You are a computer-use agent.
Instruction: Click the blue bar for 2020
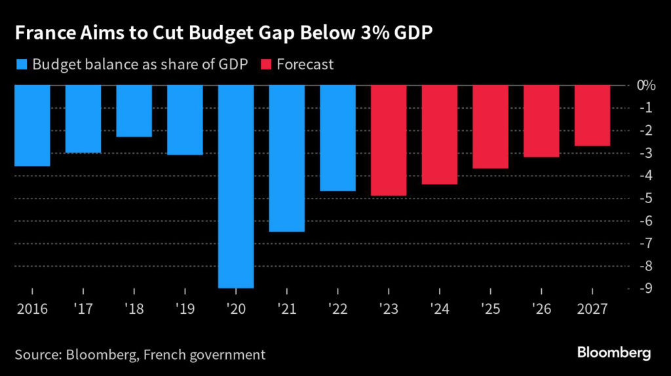point(236,187)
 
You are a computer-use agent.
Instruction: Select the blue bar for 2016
point(32,126)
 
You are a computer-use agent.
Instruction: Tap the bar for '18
point(134,111)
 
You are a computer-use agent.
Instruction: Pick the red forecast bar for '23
point(389,140)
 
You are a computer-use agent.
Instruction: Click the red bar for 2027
point(592,115)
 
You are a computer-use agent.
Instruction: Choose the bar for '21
point(287,159)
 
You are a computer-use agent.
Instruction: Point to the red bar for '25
point(491,127)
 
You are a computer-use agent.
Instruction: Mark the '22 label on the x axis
point(337,307)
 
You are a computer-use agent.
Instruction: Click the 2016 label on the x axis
point(32,307)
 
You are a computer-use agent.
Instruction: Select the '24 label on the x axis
point(440,307)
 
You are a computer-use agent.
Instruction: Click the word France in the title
point(41,34)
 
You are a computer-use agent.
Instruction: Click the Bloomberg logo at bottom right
point(613,353)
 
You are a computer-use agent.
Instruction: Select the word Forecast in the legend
point(305,64)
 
